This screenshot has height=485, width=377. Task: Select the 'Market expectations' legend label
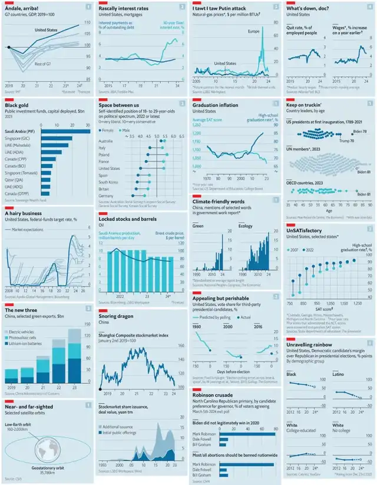[28, 229]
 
